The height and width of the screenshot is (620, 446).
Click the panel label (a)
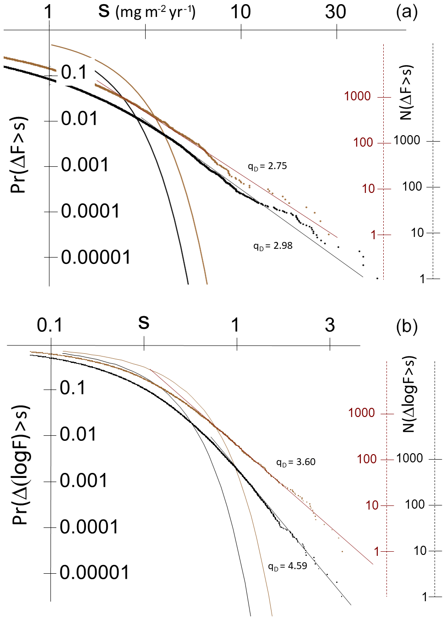click(x=407, y=12)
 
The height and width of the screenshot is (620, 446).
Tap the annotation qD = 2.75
click(x=267, y=166)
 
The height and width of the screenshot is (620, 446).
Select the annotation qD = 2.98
click(x=273, y=246)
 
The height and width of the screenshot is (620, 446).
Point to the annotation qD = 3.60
click(x=296, y=462)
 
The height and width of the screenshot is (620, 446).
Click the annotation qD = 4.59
click(x=288, y=566)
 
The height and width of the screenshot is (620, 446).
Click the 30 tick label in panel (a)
click(x=336, y=12)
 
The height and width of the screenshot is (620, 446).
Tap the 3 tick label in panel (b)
click(x=330, y=325)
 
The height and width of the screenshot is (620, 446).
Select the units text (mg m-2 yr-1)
click(x=155, y=12)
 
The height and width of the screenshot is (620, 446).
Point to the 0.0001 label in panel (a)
click(x=90, y=211)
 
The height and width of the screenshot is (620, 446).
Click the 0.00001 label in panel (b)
click(x=95, y=572)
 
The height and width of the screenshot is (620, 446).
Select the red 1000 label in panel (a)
click(x=357, y=96)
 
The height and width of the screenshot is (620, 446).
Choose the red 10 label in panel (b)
click(x=372, y=505)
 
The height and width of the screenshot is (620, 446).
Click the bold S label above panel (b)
click(x=144, y=323)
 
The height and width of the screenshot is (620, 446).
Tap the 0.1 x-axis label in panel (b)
click(x=49, y=325)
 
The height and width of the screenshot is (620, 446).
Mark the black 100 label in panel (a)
click(x=412, y=187)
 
